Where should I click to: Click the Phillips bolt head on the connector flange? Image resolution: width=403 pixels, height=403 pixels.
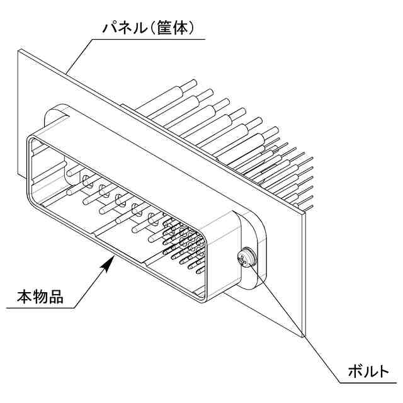245,258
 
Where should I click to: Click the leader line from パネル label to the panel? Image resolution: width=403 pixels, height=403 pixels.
79,57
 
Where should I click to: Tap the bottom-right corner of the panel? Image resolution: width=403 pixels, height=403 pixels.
305,336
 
